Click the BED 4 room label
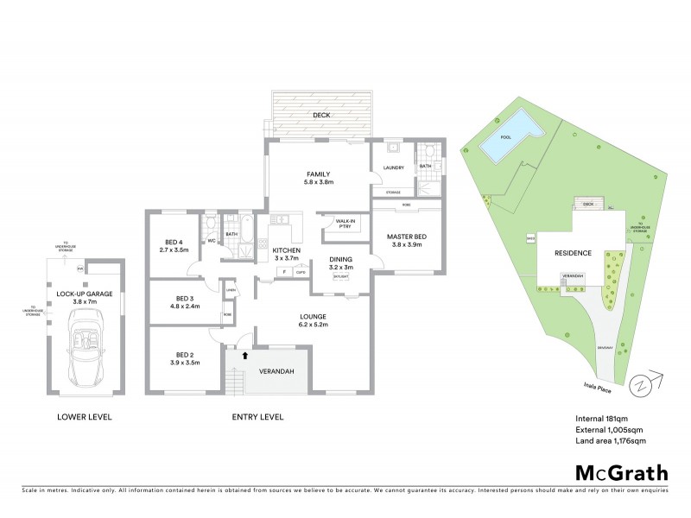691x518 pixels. (x=174, y=242)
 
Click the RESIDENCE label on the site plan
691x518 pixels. (x=573, y=254)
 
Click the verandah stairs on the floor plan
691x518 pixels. (x=233, y=378)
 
